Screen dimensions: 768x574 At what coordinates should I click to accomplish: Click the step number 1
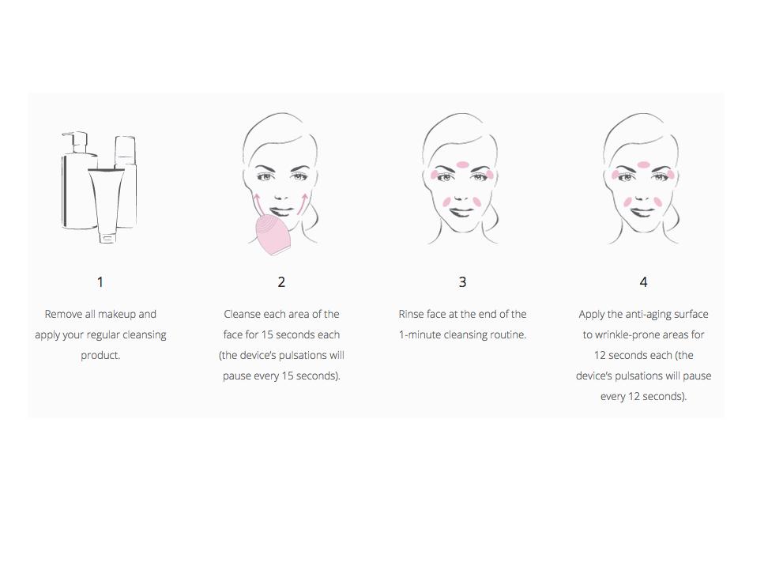click(x=100, y=282)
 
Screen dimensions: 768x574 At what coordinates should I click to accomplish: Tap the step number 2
click(x=281, y=282)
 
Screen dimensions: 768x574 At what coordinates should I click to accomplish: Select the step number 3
click(x=462, y=282)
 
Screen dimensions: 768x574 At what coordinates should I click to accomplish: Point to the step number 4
click(x=644, y=282)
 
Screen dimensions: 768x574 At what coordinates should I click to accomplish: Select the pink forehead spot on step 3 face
click(x=463, y=164)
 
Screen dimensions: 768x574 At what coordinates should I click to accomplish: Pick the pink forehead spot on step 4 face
click(x=644, y=164)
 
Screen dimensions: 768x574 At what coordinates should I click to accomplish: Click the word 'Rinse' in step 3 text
click(x=411, y=314)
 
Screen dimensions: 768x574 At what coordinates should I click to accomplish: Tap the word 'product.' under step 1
click(x=100, y=356)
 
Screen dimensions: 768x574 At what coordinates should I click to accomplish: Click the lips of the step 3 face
click(x=461, y=212)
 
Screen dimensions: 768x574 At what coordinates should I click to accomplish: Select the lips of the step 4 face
click(x=642, y=212)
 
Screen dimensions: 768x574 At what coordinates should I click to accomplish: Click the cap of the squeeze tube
click(x=107, y=238)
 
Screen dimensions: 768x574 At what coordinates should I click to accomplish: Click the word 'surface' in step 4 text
click(x=693, y=314)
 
